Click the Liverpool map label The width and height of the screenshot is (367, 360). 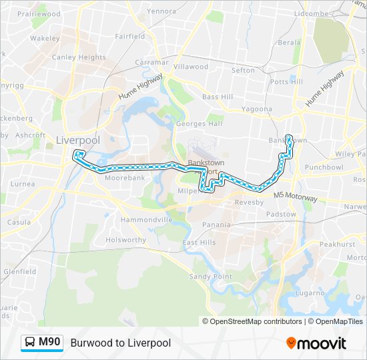tap(78, 140)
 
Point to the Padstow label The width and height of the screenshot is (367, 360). tap(281, 214)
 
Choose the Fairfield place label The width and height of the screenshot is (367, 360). tap(129, 37)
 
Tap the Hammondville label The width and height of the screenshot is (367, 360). tap(147, 219)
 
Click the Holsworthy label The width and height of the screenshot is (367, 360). tap(125, 240)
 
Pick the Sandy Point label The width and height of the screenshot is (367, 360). tap(211, 276)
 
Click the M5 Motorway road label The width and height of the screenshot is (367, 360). tap(296, 197)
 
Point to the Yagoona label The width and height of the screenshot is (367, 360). tap(256, 109)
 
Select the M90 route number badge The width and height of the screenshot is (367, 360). tap(49, 343)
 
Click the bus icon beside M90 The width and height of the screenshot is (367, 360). tap(31, 343)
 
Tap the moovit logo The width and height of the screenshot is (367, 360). tap(316, 343)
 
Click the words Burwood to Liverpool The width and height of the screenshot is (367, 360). tap(120, 343)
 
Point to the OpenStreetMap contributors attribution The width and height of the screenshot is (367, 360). tap(256, 321)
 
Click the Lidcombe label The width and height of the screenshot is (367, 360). tap(312, 13)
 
